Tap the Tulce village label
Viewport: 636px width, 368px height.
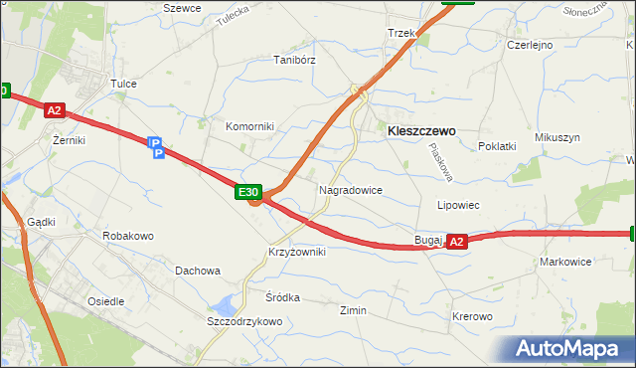(x=123, y=85)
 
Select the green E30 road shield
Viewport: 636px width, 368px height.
(x=248, y=192)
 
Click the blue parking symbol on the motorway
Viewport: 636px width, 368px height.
(x=155, y=147)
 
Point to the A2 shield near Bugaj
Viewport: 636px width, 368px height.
(x=456, y=241)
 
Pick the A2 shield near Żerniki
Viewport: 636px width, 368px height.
(x=55, y=112)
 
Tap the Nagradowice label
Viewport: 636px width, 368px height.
(x=351, y=189)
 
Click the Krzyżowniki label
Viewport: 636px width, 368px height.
(x=296, y=253)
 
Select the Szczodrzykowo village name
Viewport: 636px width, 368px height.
(x=244, y=322)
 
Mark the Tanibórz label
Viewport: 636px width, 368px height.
(x=294, y=60)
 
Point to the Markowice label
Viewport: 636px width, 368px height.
(x=565, y=262)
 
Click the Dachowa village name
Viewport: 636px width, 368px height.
(x=197, y=271)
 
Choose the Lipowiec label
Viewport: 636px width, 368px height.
(x=459, y=205)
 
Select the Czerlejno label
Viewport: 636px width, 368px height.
(x=530, y=46)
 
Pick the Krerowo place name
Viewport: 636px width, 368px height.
(x=472, y=316)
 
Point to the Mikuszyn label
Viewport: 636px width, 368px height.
(x=556, y=137)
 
